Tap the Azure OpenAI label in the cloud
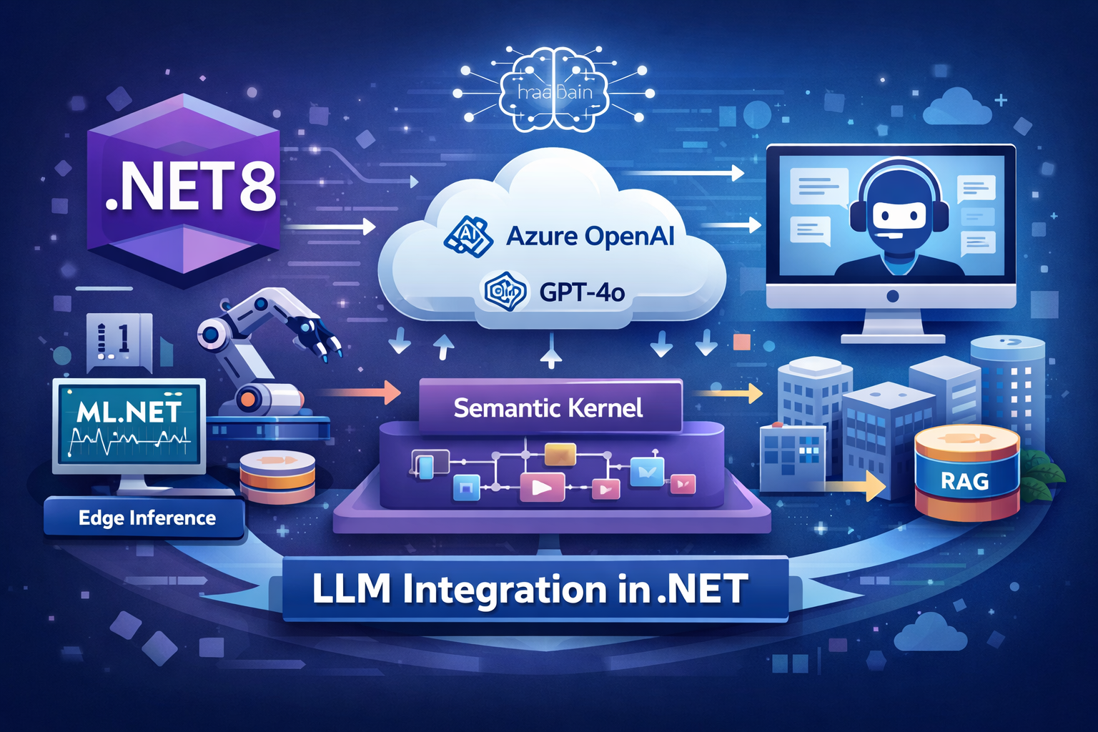tap(590, 236)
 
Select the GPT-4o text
tap(582, 292)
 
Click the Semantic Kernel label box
tap(549, 407)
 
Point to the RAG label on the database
tap(964, 481)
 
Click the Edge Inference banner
tap(147, 518)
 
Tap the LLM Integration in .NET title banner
tap(530, 590)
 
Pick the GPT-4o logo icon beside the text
tap(505, 291)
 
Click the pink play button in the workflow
tap(542, 487)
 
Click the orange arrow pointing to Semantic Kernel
tap(361, 392)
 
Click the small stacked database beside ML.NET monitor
tap(277, 476)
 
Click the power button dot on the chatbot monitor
tap(891, 296)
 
